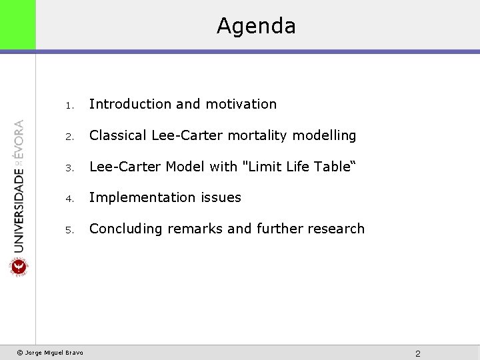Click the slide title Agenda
pyautogui.click(x=256, y=26)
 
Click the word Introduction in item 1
pyautogui.click(x=130, y=104)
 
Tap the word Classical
pyautogui.click(x=118, y=135)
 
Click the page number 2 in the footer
pyautogui.click(x=417, y=353)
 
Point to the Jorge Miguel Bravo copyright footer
pyautogui.click(x=50, y=353)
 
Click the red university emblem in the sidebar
pyautogui.click(x=18, y=267)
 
